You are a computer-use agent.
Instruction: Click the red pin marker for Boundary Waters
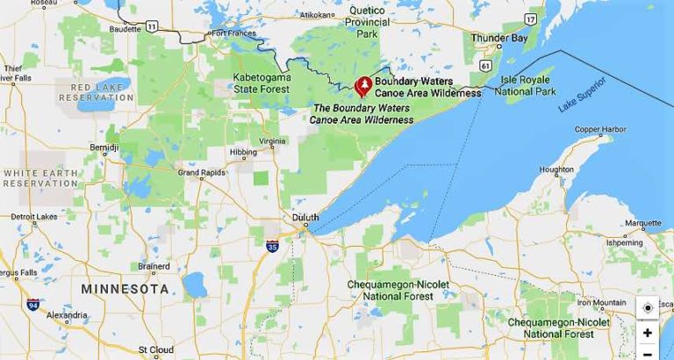point(362,86)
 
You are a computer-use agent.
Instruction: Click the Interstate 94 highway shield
point(33,305)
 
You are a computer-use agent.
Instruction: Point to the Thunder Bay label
point(498,38)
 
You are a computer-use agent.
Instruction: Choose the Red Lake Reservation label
point(97,93)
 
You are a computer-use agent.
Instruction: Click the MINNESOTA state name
point(125,289)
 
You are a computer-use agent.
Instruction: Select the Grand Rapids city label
point(201,172)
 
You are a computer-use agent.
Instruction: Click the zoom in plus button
point(648,333)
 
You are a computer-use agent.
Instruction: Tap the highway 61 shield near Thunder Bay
point(485,65)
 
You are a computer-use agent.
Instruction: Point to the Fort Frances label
point(231,33)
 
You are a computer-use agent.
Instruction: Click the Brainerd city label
point(154,265)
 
